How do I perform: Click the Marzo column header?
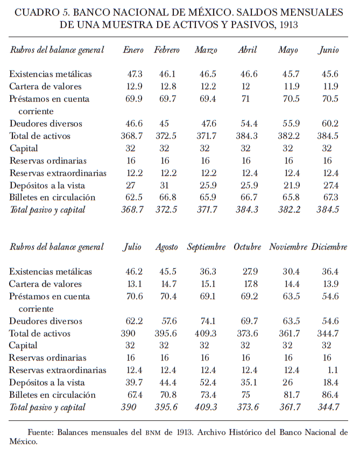click(x=206, y=50)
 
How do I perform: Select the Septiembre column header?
click(x=206, y=247)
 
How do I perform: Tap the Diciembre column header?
click(x=329, y=247)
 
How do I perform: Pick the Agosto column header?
click(x=166, y=248)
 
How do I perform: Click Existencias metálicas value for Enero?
click(x=133, y=74)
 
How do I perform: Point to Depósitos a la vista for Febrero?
click(x=167, y=185)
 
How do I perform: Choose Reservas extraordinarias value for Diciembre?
click(x=331, y=370)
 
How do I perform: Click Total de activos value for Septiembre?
click(x=206, y=333)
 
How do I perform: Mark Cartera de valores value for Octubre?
click(x=248, y=284)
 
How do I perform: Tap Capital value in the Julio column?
click(x=132, y=346)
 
